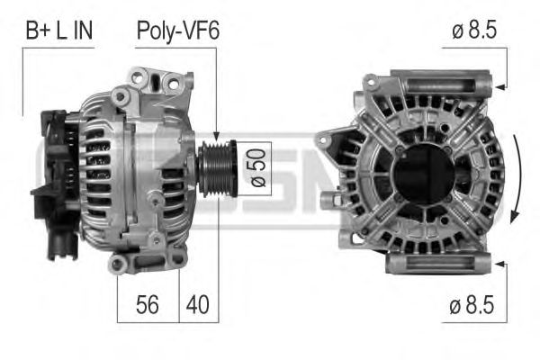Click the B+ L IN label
tap(59, 31)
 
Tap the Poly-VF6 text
tap(177, 31)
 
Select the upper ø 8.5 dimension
tap(474, 30)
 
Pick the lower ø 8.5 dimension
tap(472, 305)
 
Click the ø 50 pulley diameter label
tap(258, 167)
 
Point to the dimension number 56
tap(148, 304)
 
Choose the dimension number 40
tap(198, 304)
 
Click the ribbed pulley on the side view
tap(218, 169)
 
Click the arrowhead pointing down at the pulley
tap(216, 136)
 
